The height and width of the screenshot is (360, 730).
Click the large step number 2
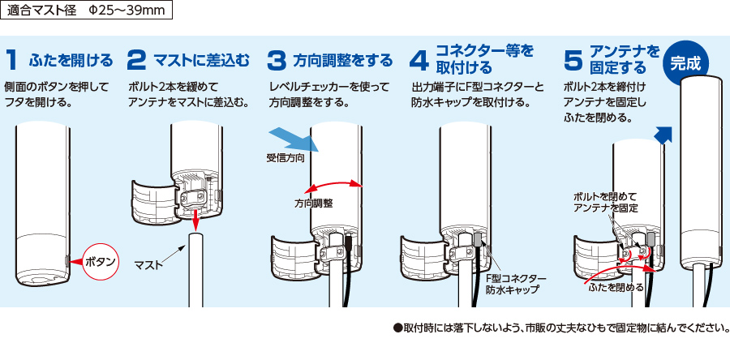coord(138,60)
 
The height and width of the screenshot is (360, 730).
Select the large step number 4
coord(419,60)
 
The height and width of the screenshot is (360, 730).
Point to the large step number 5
coord(573,60)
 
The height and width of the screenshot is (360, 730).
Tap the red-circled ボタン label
coord(101,261)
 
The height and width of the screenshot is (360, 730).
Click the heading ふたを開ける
coord(71,60)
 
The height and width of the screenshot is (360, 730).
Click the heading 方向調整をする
coord(343,60)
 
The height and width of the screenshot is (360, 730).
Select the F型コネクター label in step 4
coord(519,276)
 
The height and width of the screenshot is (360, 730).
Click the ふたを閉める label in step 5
coord(616,287)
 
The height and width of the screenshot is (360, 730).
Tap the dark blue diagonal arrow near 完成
coord(664,135)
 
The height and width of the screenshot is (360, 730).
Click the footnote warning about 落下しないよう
coord(560,328)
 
